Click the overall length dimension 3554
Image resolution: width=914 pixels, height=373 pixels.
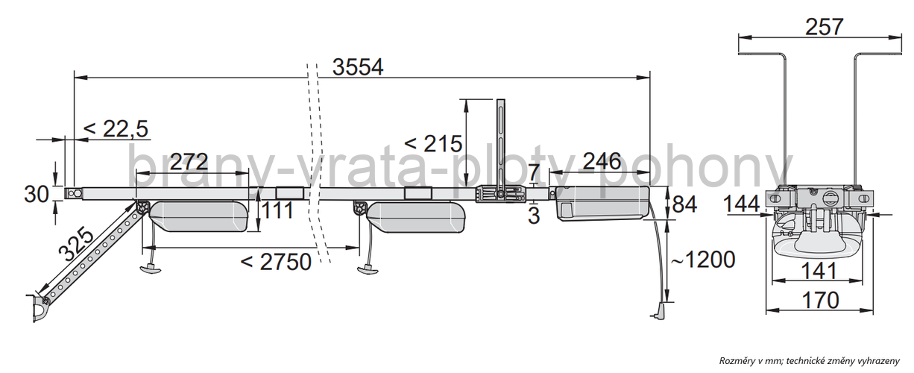[358, 67]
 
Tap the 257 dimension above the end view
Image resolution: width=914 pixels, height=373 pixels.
[825, 27]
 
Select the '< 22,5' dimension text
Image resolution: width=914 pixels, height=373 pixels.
[116, 129]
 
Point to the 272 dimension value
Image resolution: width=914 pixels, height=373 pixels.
[189, 162]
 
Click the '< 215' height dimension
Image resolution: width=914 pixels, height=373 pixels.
[433, 144]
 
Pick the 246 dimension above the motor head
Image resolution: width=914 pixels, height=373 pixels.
[602, 161]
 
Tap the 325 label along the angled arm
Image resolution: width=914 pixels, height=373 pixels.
[76, 244]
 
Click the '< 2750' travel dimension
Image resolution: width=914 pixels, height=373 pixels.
[277, 262]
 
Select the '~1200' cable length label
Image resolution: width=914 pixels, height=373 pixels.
[703, 260]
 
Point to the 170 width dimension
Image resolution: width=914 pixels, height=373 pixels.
[820, 301]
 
